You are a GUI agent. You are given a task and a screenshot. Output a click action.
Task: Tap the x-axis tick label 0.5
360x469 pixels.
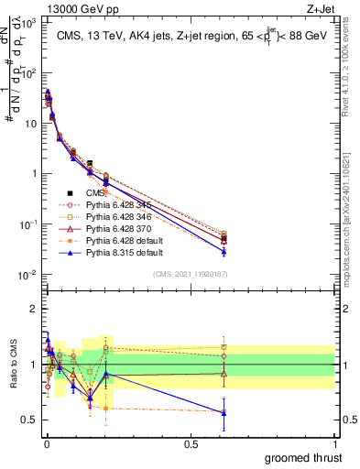tap(190, 444)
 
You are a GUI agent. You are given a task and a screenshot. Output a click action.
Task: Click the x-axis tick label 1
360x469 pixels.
tap(334, 444)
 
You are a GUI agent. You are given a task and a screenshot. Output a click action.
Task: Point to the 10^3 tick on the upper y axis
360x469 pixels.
tap(27, 20)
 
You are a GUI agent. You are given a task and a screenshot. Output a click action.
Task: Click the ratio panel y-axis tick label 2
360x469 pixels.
tap(33, 309)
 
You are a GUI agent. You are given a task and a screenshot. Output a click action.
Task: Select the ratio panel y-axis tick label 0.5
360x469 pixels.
tap(29, 420)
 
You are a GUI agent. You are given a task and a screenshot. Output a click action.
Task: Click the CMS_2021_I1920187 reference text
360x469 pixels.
tap(190, 273)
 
